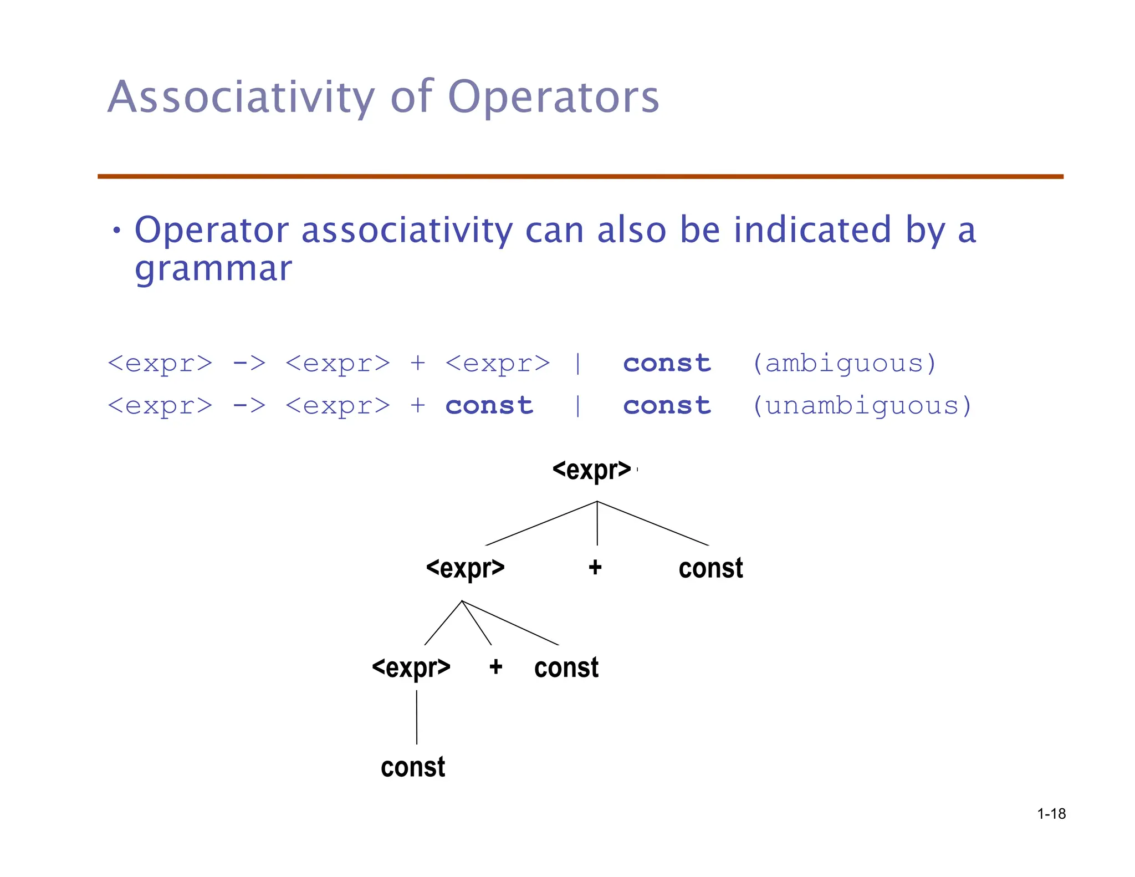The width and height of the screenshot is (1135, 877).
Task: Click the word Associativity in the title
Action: pos(241,98)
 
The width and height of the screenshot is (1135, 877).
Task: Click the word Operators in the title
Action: pos(553,98)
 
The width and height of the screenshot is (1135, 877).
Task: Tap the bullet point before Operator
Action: pos(116,230)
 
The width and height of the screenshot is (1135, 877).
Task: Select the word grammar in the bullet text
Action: pos(213,269)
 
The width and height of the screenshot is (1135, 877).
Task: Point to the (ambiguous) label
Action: pos(844,364)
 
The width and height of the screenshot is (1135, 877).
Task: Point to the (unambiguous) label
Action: pos(862,406)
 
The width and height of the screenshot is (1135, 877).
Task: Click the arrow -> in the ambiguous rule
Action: pos(249,364)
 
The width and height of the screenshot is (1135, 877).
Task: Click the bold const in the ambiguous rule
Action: pos(667,364)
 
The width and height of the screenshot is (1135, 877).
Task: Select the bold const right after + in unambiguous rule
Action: pos(489,406)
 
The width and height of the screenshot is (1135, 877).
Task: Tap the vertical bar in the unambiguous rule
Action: pos(577,406)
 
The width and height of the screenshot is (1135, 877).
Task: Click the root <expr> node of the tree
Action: pos(592,470)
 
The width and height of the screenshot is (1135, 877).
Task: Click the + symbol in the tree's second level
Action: pos(595,567)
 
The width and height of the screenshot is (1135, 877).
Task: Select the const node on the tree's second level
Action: pos(710,568)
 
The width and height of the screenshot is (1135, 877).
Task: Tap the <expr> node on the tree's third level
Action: pos(411,667)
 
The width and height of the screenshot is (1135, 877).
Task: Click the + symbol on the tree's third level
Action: pos(495,667)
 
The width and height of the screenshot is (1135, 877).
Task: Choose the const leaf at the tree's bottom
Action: pos(413,767)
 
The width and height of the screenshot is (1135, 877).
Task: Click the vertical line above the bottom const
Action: pos(417,717)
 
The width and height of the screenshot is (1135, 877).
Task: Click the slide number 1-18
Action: pos(1051,814)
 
